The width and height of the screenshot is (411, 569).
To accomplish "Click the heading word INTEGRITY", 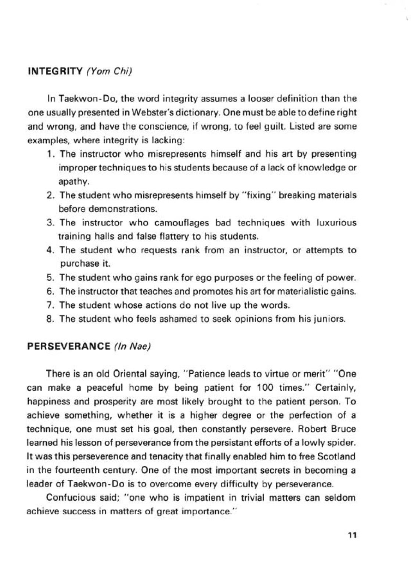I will pos(55,71).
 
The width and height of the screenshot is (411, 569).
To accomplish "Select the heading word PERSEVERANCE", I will pos(69,347).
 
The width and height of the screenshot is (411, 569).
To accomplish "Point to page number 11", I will pos(352,535).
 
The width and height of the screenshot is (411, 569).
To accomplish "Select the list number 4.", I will pos(51,250).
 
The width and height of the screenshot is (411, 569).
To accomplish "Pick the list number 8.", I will pos(51,319).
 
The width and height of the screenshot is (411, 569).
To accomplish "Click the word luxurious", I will pos(336,223).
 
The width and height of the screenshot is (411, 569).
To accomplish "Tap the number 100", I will pos(265,388).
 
